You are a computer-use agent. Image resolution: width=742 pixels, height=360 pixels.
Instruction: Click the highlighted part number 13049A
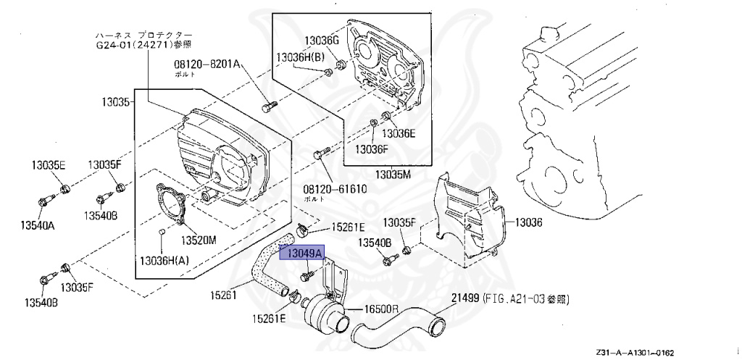[x=304, y=254]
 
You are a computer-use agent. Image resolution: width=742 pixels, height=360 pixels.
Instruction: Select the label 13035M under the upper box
[x=393, y=175]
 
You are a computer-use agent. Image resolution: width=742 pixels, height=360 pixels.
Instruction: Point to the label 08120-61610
[x=334, y=188]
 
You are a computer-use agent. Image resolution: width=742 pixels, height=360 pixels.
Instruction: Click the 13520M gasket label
[x=199, y=240]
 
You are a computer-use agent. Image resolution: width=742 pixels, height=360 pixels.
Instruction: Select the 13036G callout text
[x=322, y=41]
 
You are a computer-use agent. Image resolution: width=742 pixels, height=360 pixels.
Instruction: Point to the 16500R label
[x=381, y=309]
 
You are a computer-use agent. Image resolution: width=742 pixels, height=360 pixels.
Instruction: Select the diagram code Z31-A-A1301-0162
[x=635, y=352]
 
